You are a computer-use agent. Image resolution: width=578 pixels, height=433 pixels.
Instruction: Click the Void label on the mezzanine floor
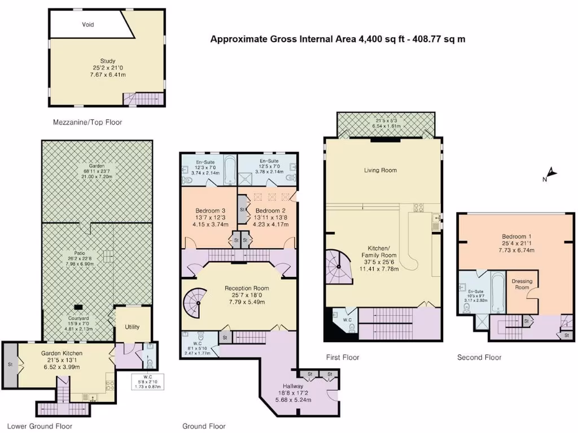(87, 25)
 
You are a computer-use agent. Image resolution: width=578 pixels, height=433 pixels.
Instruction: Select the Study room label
(107, 61)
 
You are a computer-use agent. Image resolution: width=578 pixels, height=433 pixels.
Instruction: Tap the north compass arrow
(551, 174)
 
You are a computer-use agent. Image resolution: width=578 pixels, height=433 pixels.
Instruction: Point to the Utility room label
(133, 326)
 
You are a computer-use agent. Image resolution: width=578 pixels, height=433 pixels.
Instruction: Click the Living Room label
(380, 170)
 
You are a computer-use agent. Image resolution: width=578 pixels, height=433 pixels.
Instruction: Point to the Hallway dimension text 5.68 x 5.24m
(294, 400)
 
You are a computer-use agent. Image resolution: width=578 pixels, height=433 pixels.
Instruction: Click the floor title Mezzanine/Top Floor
(87, 122)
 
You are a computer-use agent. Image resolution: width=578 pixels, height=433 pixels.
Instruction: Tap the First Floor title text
(343, 357)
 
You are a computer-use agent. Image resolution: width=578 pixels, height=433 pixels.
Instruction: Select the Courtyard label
(78, 317)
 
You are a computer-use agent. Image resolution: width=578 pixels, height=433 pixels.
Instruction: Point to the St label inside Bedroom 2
(242, 209)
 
